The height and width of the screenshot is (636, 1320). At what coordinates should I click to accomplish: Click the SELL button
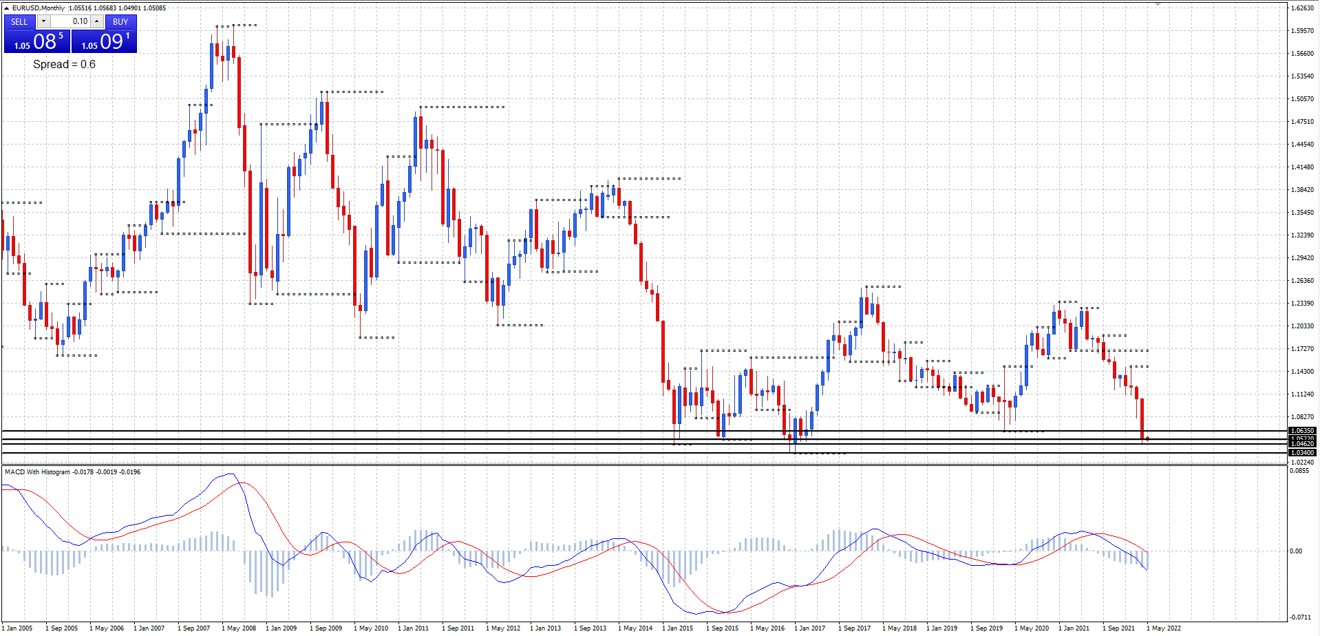[19, 21]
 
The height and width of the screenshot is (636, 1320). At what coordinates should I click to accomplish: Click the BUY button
[120, 21]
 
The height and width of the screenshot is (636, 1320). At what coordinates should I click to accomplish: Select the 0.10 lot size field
[71, 21]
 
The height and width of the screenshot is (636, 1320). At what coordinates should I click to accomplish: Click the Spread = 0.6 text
[64, 65]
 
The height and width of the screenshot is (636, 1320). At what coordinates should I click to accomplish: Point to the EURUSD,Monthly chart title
[39, 8]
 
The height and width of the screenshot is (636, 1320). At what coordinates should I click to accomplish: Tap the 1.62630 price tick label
[1302, 8]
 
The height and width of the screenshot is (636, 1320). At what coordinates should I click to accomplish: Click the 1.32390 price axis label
[1302, 235]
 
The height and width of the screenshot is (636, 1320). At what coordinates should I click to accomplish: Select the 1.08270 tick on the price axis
[1302, 417]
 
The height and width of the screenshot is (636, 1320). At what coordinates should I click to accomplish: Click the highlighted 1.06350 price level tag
[1302, 431]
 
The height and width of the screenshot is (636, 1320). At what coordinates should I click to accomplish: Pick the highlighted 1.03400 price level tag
[1302, 453]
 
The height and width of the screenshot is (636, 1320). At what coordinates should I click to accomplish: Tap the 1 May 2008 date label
[239, 628]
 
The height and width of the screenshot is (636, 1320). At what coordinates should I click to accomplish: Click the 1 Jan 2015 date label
[678, 628]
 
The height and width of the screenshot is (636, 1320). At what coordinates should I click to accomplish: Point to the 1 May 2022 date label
[1164, 628]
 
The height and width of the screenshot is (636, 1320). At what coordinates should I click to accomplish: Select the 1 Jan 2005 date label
[19, 628]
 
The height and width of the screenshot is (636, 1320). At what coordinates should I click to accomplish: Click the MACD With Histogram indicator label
[38, 472]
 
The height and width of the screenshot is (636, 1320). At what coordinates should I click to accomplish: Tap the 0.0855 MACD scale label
[1299, 471]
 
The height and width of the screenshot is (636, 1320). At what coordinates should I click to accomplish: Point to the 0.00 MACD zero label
[1296, 551]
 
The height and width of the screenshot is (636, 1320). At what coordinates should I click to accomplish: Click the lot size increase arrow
[97, 21]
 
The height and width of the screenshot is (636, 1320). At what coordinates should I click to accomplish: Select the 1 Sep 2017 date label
[855, 628]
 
